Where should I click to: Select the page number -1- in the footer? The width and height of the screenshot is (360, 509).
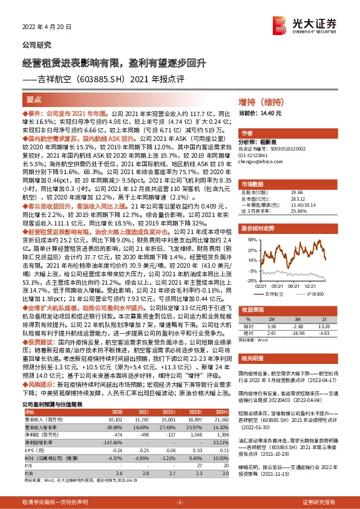pos(180,502)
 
